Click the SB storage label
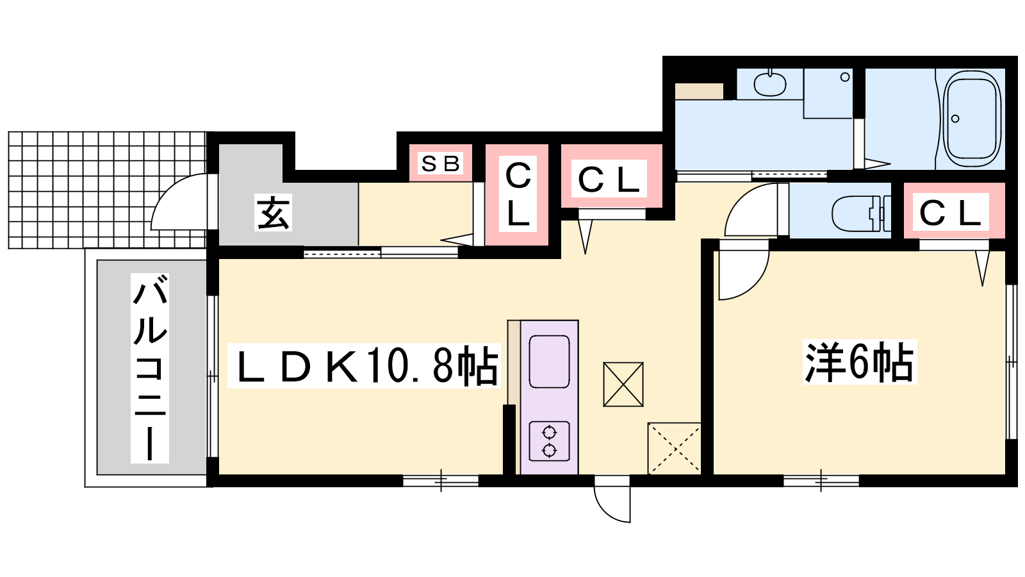coord(440,163)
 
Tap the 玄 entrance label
coord(273,213)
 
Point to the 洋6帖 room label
coord(859,362)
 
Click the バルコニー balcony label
coord(150,369)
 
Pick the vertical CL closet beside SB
coord(518,195)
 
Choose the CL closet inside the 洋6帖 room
coord(954,211)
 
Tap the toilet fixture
coord(861,213)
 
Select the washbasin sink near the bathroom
coord(769,84)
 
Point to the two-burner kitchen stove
coord(549,441)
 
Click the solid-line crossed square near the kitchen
coord(623,384)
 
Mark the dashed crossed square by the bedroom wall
coord(674,448)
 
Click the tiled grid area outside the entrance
coord(108,190)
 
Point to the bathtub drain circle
coord(955,119)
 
